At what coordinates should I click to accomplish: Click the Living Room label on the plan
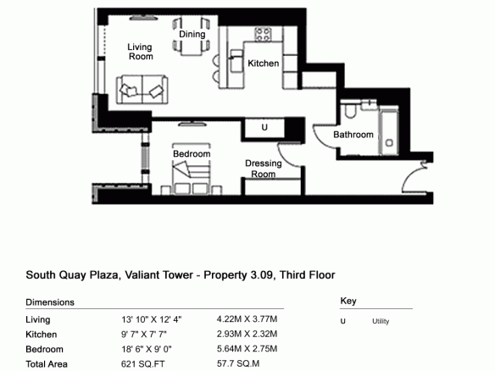(x=140, y=52)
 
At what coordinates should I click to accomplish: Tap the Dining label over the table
(x=192, y=34)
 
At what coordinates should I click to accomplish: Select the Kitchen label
(x=264, y=64)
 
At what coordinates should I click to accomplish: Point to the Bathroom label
(x=353, y=135)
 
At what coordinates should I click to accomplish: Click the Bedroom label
(x=192, y=154)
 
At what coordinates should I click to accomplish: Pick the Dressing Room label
(x=264, y=169)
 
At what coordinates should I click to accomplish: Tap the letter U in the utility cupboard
(x=264, y=127)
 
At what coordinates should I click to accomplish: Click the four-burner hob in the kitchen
(x=263, y=35)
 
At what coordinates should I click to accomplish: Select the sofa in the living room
(x=142, y=90)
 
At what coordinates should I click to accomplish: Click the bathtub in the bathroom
(x=388, y=131)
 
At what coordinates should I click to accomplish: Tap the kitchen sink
(x=236, y=61)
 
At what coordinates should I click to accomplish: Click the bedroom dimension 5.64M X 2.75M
(x=247, y=349)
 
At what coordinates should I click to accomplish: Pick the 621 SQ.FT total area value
(x=142, y=364)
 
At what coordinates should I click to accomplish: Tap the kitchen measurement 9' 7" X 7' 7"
(x=144, y=334)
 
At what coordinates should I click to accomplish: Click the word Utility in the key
(x=381, y=322)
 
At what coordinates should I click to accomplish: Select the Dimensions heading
(x=50, y=302)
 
